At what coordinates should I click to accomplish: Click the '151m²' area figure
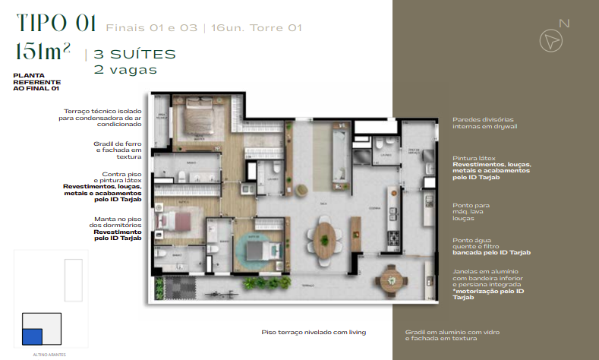[43, 52]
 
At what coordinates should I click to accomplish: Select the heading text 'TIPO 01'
[55, 24]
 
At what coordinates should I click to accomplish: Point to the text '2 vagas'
[125, 69]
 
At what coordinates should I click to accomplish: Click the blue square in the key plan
[32, 336]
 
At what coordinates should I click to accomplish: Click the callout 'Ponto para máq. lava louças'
[471, 210]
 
